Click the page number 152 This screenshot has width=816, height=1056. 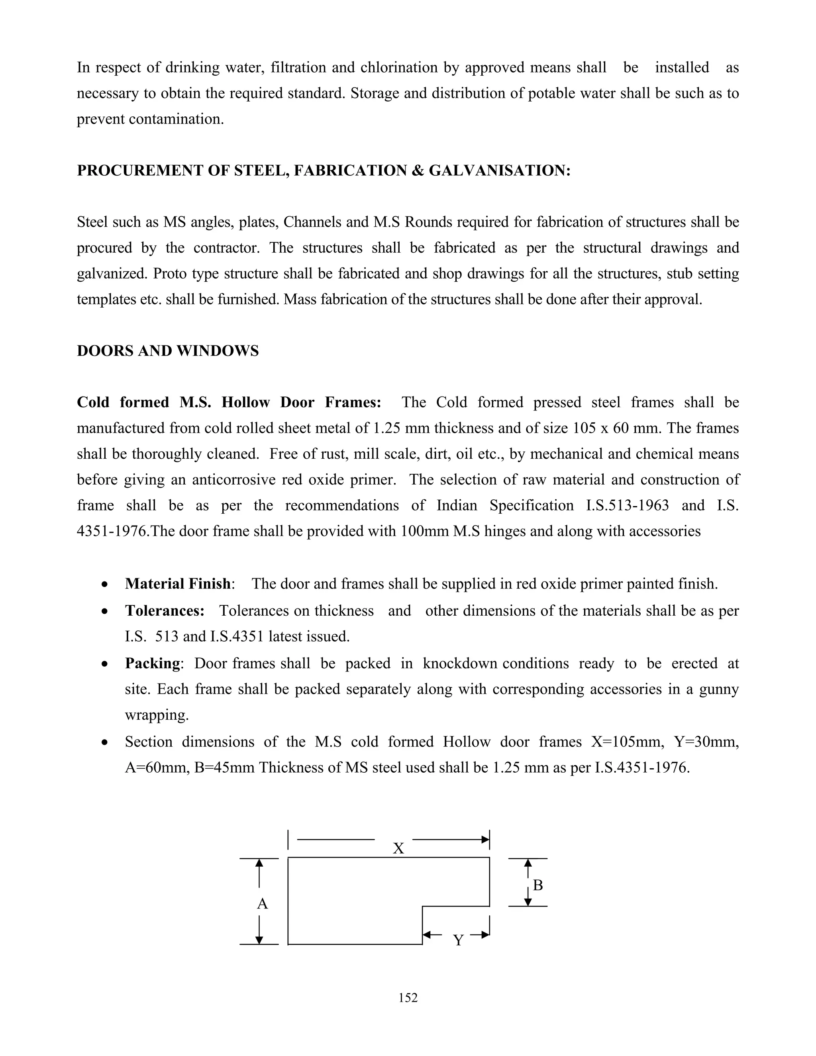pyautogui.click(x=408, y=997)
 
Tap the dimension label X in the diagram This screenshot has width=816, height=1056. pyautogui.click(x=398, y=848)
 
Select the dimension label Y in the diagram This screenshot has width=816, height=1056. pyautogui.click(x=458, y=940)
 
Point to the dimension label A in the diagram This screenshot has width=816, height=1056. pyautogui.click(x=262, y=904)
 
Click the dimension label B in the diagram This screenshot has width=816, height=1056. pyautogui.click(x=537, y=885)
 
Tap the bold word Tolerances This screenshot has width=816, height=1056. pyautogui.click(x=165, y=610)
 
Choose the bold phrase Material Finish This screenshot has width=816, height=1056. pyautogui.click(x=177, y=584)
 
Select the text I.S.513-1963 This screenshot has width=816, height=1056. pyautogui.click(x=627, y=506)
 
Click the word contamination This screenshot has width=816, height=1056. pyautogui.click(x=176, y=119)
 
